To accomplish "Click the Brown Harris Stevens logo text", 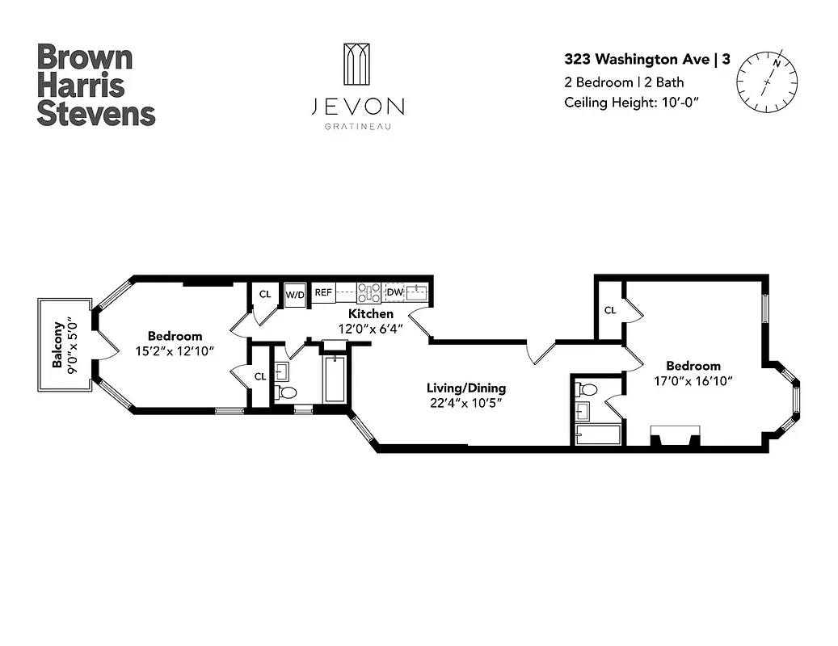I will point(95,85).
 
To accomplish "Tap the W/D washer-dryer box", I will point(295,294).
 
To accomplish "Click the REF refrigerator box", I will point(323,292).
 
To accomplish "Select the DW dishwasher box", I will point(394,292).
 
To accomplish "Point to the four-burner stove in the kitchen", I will point(369,292).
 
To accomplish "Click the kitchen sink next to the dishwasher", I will point(418,292).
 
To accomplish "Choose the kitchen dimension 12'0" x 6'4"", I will point(371,329).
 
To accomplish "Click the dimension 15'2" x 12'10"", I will point(175,351).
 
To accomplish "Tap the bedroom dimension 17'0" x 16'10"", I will point(693,380).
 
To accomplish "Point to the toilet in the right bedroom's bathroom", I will point(588,390).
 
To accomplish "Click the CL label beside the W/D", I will point(265,294).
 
